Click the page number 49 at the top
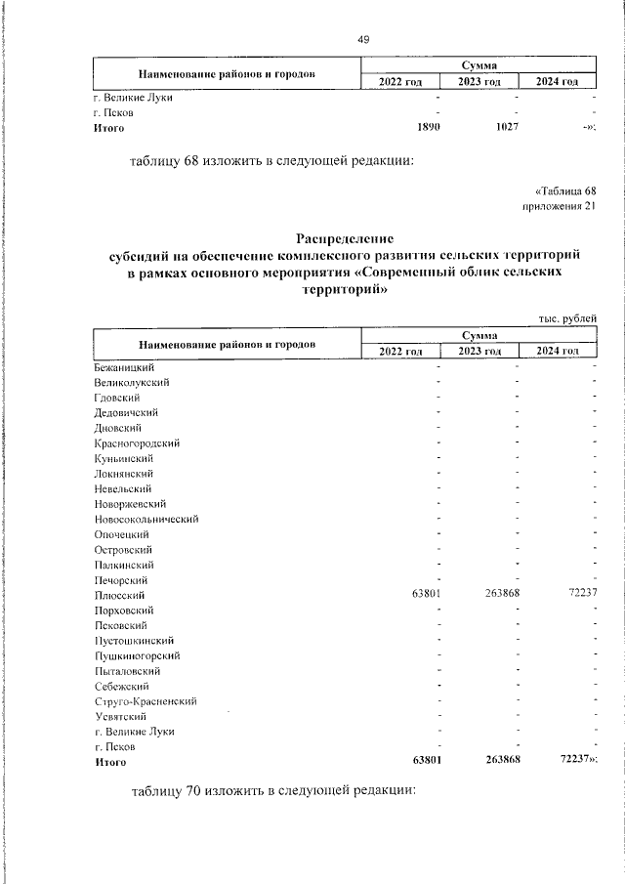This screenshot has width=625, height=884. [x=363, y=39]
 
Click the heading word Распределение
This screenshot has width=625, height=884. [x=344, y=237]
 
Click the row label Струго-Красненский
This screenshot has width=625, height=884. [x=146, y=701]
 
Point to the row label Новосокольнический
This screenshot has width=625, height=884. [x=146, y=519]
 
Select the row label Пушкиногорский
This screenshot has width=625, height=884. [x=137, y=655]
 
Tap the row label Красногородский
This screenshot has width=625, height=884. [x=137, y=442]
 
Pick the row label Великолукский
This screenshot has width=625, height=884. [x=132, y=382]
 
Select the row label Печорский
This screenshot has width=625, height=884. [x=120, y=580]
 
